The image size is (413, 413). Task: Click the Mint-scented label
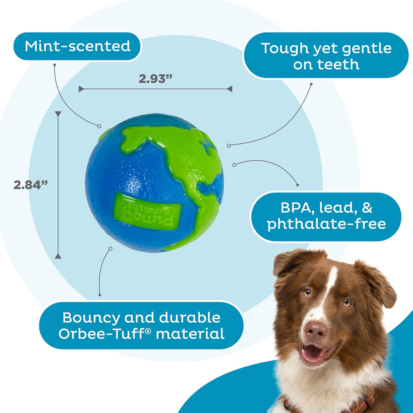point(77,46)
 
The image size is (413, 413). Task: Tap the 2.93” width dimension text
point(155,79)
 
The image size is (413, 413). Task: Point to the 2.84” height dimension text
point(31,185)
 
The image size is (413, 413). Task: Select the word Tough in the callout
point(285,48)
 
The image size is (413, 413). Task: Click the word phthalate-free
point(326,224)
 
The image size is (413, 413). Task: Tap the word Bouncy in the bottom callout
point(91,318)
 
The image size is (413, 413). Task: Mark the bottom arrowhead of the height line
point(58,256)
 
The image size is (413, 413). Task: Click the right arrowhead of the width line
point(230,89)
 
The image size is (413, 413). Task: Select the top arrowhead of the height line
point(58,114)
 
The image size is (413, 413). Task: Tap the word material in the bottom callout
point(190,334)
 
